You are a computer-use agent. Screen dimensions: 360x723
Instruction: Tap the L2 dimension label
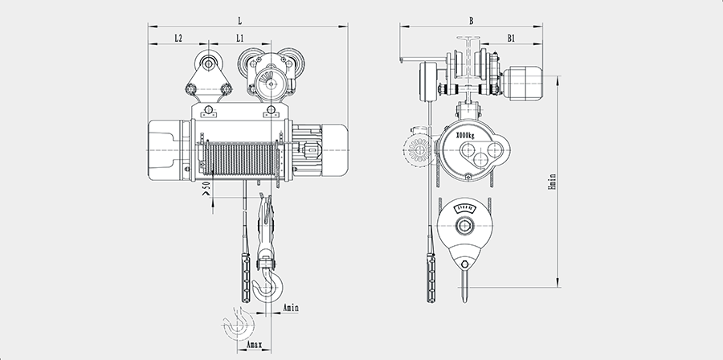coord(178,37)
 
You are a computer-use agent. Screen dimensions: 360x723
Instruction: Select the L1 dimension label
coord(240,37)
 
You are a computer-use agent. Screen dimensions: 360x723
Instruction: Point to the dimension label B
coord(470,18)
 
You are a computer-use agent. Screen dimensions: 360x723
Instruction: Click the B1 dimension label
coord(511,37)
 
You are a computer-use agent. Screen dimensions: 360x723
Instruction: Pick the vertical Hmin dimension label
coord(552,180)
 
